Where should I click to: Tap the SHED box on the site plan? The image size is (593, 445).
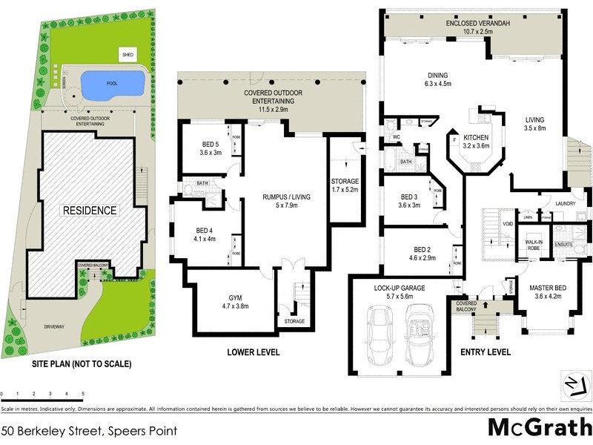coord(129,55)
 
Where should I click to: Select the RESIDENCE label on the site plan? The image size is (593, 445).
coord(89,211)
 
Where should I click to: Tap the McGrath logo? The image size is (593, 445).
coord(539,428)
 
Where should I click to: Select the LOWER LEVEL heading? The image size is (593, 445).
coord(253,352)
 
